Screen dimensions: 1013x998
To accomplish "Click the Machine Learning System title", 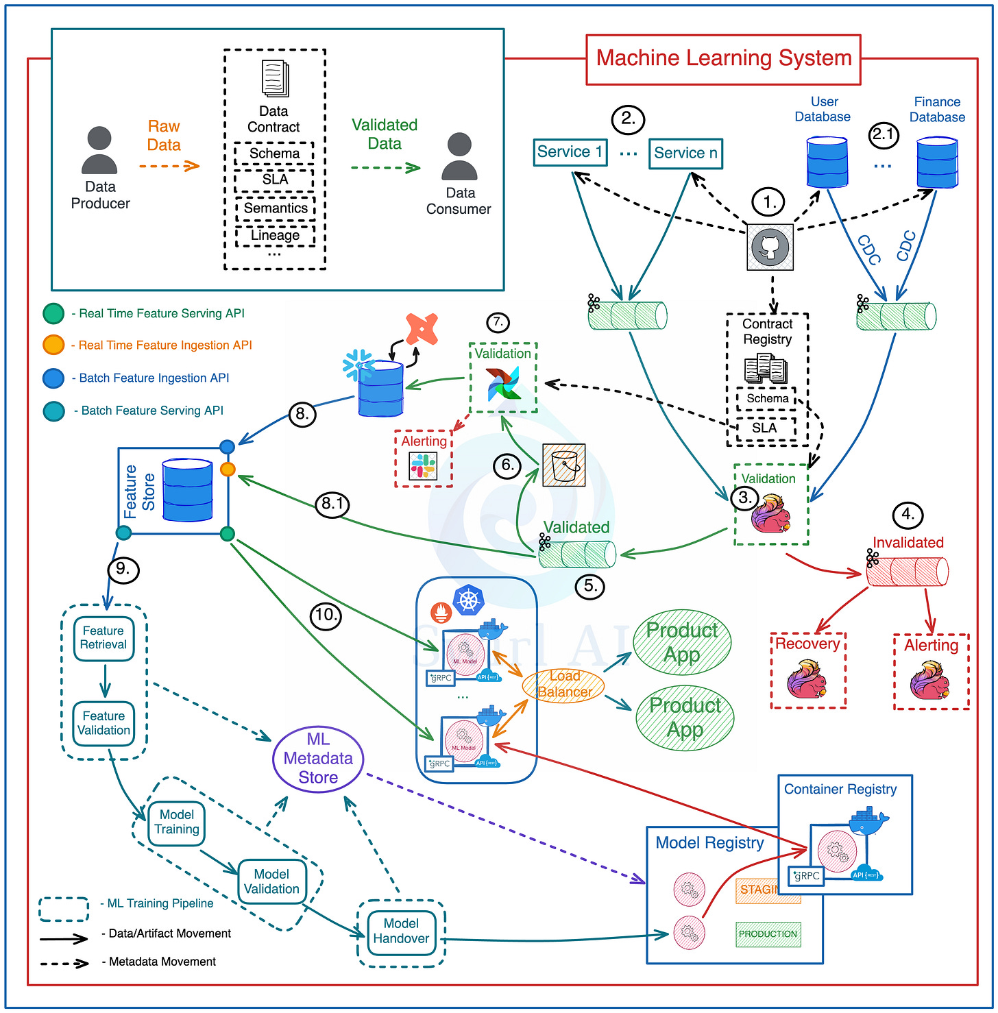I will [x=723, y=59].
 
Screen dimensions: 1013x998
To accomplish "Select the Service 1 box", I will [x=570, y=152].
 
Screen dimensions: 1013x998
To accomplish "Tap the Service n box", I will [x=685, y=153].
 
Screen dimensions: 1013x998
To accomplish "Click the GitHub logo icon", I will [x=770, y=247].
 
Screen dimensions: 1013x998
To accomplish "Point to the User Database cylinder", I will [x=827, y=162].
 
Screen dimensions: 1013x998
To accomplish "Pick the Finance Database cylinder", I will [x=937, y=163].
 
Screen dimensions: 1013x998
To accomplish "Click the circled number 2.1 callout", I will [x=884, y=134].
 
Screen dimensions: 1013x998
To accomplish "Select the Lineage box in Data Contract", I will [x=275, y=236].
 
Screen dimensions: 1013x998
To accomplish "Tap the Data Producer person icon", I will [x=99, y=150].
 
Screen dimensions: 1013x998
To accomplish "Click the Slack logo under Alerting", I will [x=424, y=466].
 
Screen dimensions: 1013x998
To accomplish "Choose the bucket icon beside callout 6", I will [x=563, y=465].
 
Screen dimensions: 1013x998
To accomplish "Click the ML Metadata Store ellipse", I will [x=318, y=759].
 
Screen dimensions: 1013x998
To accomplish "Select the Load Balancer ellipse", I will [x=563, y=685].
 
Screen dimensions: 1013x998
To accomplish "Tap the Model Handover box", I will [x=401, y=931].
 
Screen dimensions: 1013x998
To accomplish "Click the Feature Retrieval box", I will [x=104, y=638].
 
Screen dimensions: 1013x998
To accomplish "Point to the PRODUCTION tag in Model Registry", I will [x=768, y=934].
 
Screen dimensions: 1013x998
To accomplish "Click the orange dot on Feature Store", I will [x=228, y=469].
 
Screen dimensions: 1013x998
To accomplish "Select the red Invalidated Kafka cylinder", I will [x=908, y=571].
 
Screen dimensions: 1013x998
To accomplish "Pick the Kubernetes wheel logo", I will [x=469, y=600].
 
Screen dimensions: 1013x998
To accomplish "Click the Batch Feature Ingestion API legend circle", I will [x=53, y=378].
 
